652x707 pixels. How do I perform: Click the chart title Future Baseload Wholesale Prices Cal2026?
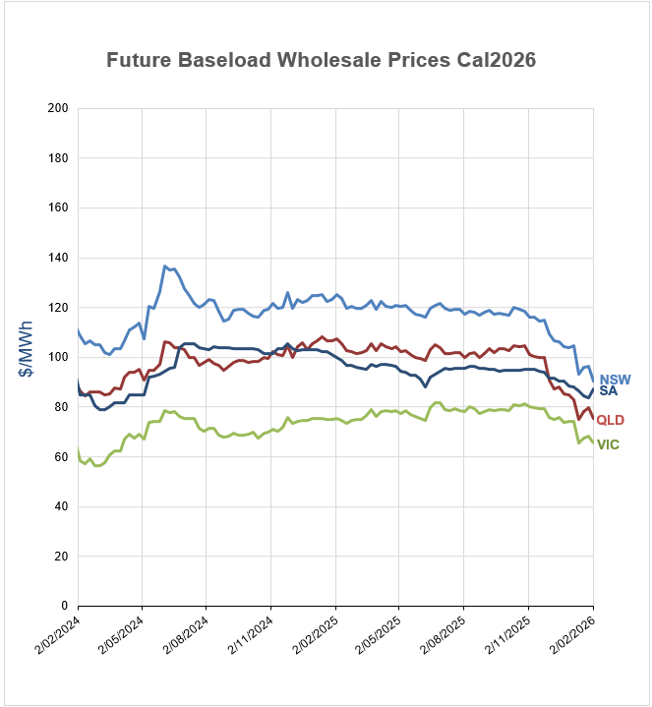pyautogui.click(x=321, y=60)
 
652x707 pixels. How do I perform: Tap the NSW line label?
pyautogui.click(x=615, y=380)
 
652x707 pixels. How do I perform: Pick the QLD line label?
pyautogui.click(x=611, y=421)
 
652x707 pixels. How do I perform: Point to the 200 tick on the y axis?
pyautogui.click(x=59, y=108)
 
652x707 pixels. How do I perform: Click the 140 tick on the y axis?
pyautogui.click(x=59, y=258)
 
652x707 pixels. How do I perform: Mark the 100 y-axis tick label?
pyautogui.click(x=59, y=358)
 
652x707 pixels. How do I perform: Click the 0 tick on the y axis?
pyautogui.click(x=65, y=607)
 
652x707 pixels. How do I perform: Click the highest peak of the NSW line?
pyautogui.click(x=165, y=265)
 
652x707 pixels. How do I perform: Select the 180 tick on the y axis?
pyautogui.click(x=59, y=158)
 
